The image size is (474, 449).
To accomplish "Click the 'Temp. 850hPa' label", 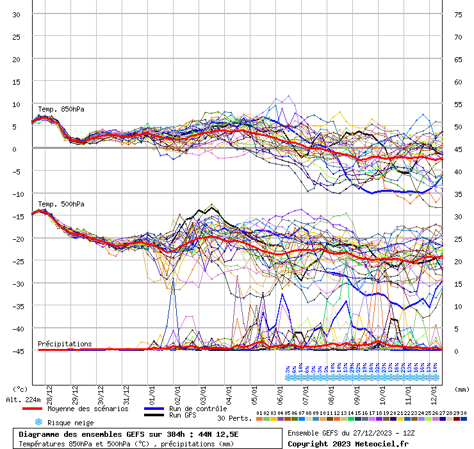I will pos(61,109).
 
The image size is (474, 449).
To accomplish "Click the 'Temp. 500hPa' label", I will pos(61,204).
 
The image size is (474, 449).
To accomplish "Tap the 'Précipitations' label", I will pos(65,344).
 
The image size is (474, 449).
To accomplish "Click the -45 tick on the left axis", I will pos(16,351).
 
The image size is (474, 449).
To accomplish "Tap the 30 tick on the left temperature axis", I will pos(16,14).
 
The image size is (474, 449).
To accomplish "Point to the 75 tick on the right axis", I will pos(458,14).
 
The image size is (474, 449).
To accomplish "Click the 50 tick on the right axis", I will pos(458,126).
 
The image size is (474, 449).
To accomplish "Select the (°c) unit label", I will pos(20,389).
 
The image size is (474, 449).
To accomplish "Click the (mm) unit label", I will pos(461,389).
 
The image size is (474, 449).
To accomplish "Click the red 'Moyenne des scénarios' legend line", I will pos(31,409).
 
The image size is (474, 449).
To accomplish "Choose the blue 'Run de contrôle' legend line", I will pos(154,409).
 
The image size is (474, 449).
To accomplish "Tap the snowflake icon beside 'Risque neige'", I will pos(38,422).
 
